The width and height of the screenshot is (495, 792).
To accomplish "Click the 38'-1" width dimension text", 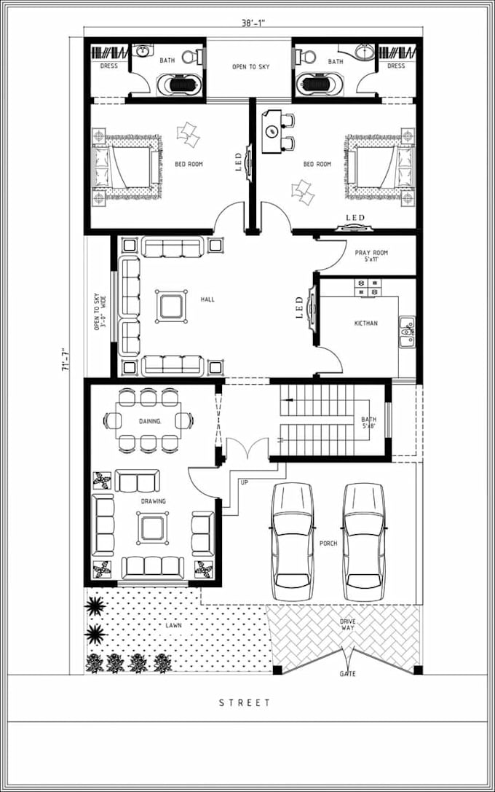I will click(253, 23).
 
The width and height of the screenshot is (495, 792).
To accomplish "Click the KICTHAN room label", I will click(365, 324).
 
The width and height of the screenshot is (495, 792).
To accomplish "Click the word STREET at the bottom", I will click(245, 703).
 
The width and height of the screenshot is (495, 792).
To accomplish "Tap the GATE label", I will click(348, 674).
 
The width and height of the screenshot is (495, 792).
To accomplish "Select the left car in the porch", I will click(292, 541).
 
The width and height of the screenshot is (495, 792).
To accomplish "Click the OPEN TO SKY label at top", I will click(250, 67).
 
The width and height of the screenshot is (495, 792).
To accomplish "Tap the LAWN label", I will click(173, 625).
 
